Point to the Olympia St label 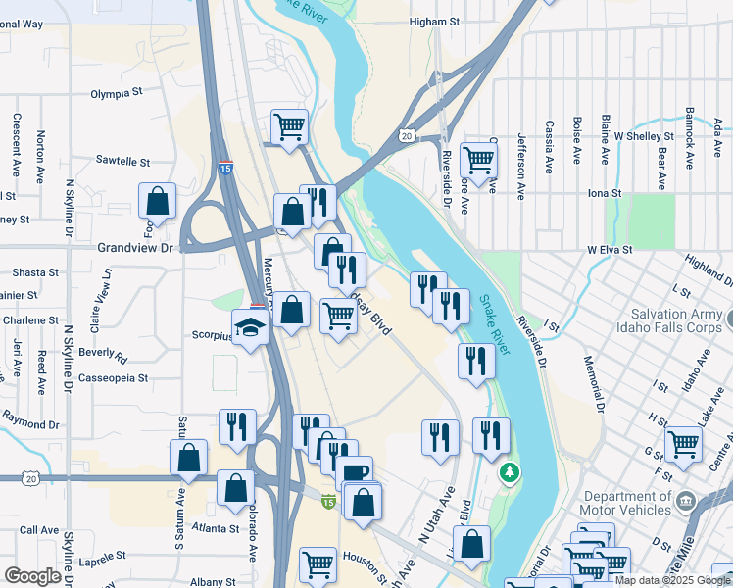(117, 94)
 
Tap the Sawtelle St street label (122, 161)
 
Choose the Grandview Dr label (134, 249)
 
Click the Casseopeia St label (114, 377)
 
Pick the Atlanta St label (215, 528)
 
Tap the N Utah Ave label (436, 514)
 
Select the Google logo (33, 575)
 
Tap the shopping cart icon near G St (683, 443)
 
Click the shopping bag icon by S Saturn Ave (188, 458)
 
